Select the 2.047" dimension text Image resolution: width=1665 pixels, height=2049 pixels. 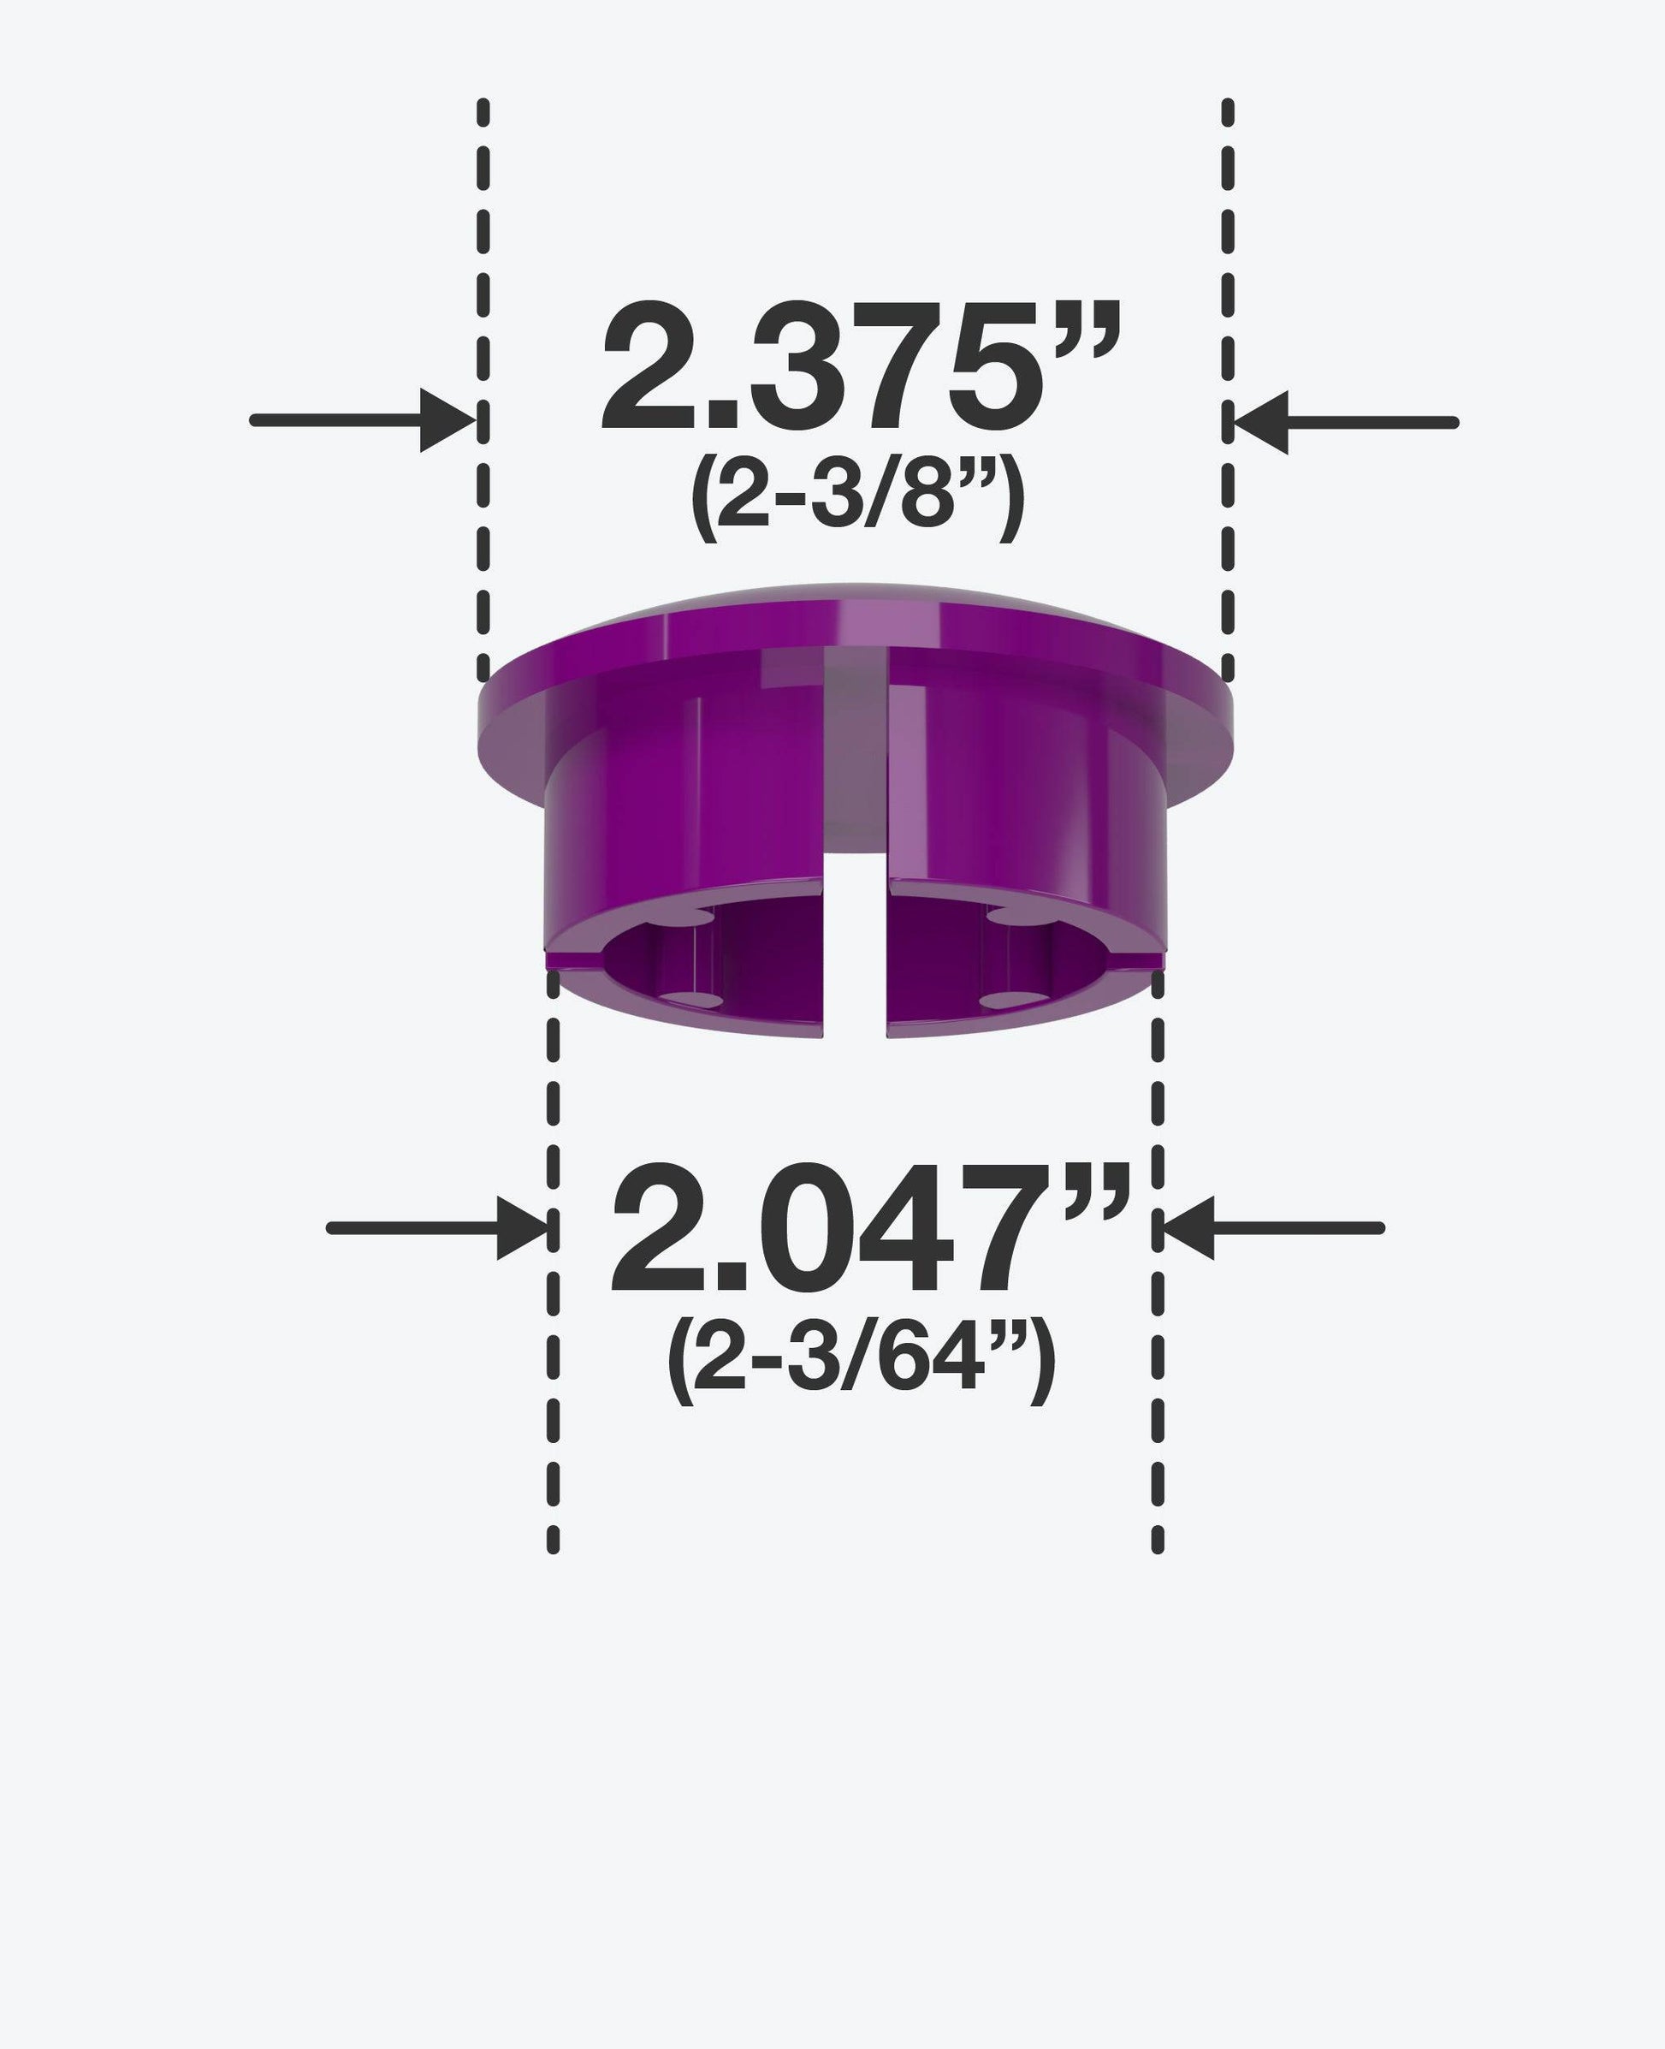866,1231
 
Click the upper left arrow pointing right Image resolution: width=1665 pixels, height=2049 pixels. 363,420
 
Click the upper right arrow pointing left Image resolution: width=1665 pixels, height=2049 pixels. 1345,422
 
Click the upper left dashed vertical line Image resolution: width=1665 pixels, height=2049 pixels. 483,383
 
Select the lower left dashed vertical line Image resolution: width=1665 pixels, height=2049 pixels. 553,1343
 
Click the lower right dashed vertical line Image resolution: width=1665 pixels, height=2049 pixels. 1158,1343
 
